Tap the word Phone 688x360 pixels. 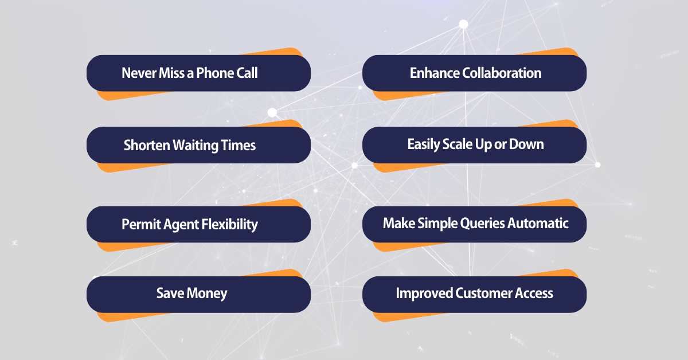[213, 73]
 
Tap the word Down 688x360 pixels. [527, 144]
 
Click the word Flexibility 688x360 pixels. [229, 224]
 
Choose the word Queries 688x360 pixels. [480, 223]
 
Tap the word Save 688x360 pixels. [169, 294]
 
